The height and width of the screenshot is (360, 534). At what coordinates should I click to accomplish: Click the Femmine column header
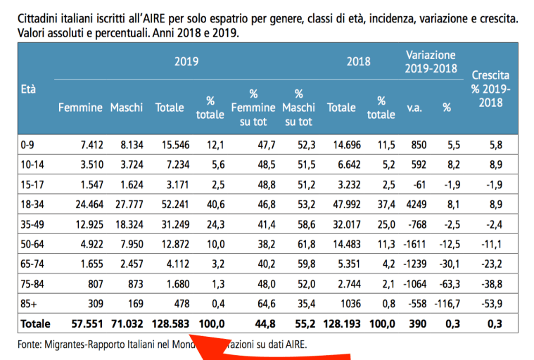(80, 108)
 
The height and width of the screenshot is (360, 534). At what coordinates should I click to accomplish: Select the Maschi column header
(127, 108)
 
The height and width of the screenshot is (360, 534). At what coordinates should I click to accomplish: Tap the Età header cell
(29, 89)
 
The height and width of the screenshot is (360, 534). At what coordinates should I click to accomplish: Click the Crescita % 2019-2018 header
(490, 89)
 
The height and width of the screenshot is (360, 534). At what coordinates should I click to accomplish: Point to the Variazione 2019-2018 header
(431, 62)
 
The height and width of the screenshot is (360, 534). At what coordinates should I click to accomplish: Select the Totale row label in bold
(34, 324)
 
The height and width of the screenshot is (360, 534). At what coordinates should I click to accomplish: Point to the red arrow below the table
(281, 352)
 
